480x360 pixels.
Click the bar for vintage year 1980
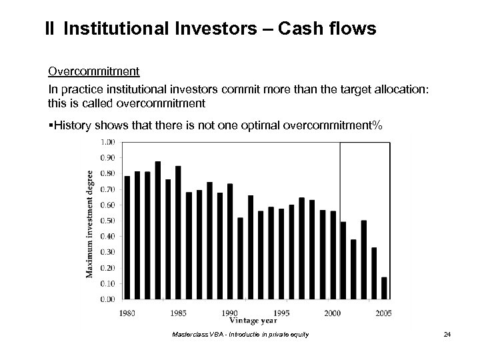pyautogui.click(x=127, y=237)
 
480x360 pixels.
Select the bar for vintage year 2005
pyautogui.click(x=384, y=288)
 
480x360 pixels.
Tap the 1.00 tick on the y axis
pyautogui.click(x=108, y=141)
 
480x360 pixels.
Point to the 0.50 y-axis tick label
pyautogui.click(x=108, y=221)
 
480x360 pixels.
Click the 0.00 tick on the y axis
pyautogui.click(x=108, y=299)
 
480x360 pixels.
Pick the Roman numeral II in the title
pyautogui.click(x=50, y=29)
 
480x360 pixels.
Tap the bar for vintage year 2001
pyautogui.click(x=343, y=260)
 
